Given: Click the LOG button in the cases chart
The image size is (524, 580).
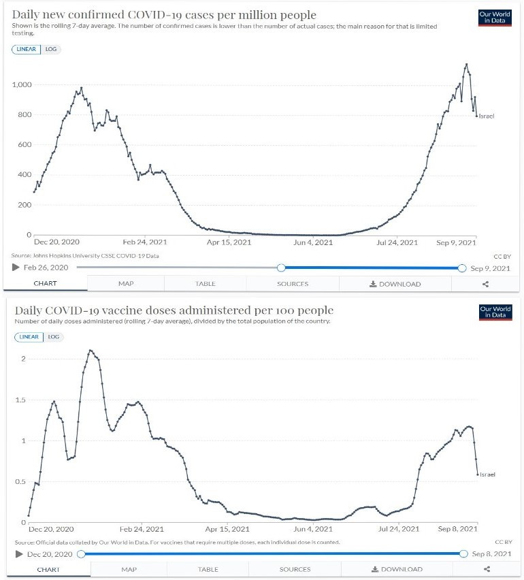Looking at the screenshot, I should (52, 49).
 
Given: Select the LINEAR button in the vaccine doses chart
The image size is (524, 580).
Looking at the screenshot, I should (29, 337).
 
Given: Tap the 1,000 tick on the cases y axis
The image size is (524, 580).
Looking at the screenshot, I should (22, 84).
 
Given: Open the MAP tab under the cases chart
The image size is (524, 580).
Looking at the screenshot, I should (126, 284).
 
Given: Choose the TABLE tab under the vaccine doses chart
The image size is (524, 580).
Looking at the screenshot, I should (208, 569).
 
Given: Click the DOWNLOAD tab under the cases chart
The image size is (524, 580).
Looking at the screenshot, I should (395, 284).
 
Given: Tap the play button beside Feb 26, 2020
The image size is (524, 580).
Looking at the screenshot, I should (16, 268).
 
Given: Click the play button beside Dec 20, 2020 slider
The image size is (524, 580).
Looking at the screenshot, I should (18, 554).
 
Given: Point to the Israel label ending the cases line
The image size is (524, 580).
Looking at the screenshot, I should (487, 116).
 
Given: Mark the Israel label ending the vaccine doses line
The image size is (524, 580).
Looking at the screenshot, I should (487, 474).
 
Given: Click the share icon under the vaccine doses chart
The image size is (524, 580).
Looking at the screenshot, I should (486, 569).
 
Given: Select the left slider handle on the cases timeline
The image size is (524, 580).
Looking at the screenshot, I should (281, 268).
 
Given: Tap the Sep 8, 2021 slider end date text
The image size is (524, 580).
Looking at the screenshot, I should (490, 554).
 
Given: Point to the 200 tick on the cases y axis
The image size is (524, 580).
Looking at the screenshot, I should (25, 205).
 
